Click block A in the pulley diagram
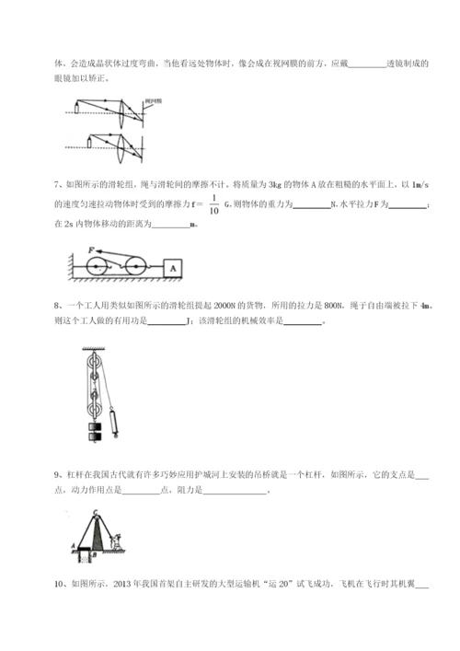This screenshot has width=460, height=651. coord(172,266)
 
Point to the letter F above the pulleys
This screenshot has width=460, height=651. coord(90,250)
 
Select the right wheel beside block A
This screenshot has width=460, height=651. coord(134,268)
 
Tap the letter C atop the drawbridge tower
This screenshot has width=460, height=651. coord(95,511)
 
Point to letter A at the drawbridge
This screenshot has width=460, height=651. coord(72,546)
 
